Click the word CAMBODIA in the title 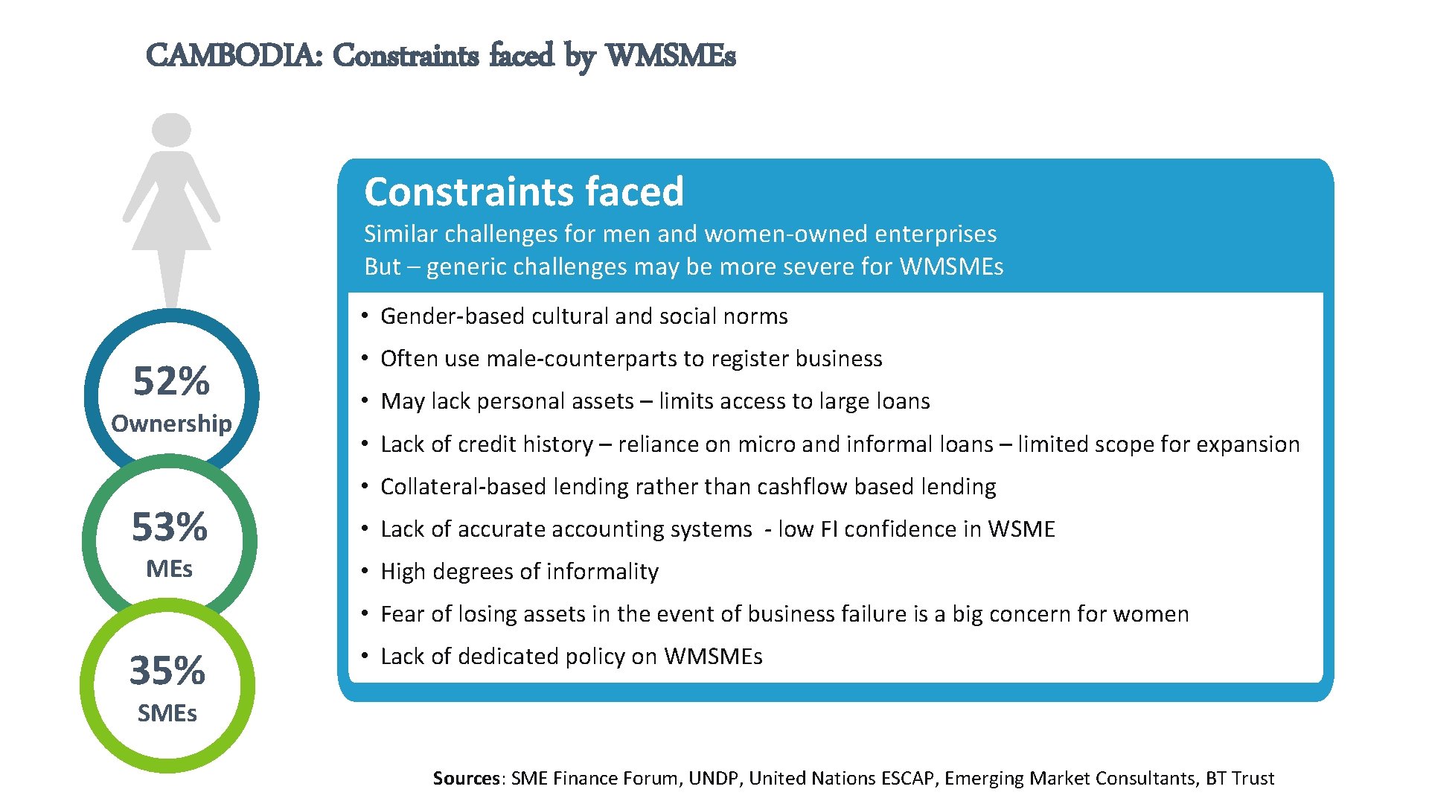coord(234,56)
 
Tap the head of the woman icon coord(171,130)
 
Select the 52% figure coord(171,381)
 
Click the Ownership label coord(171,424)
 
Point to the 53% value coord(170,527)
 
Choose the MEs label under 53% coord(170,569)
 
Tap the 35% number coord(167,671)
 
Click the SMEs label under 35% coord(167,713)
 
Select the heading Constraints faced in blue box coord(524,192)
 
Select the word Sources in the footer coord(467,779)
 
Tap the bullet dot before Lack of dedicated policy coord(365,656)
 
